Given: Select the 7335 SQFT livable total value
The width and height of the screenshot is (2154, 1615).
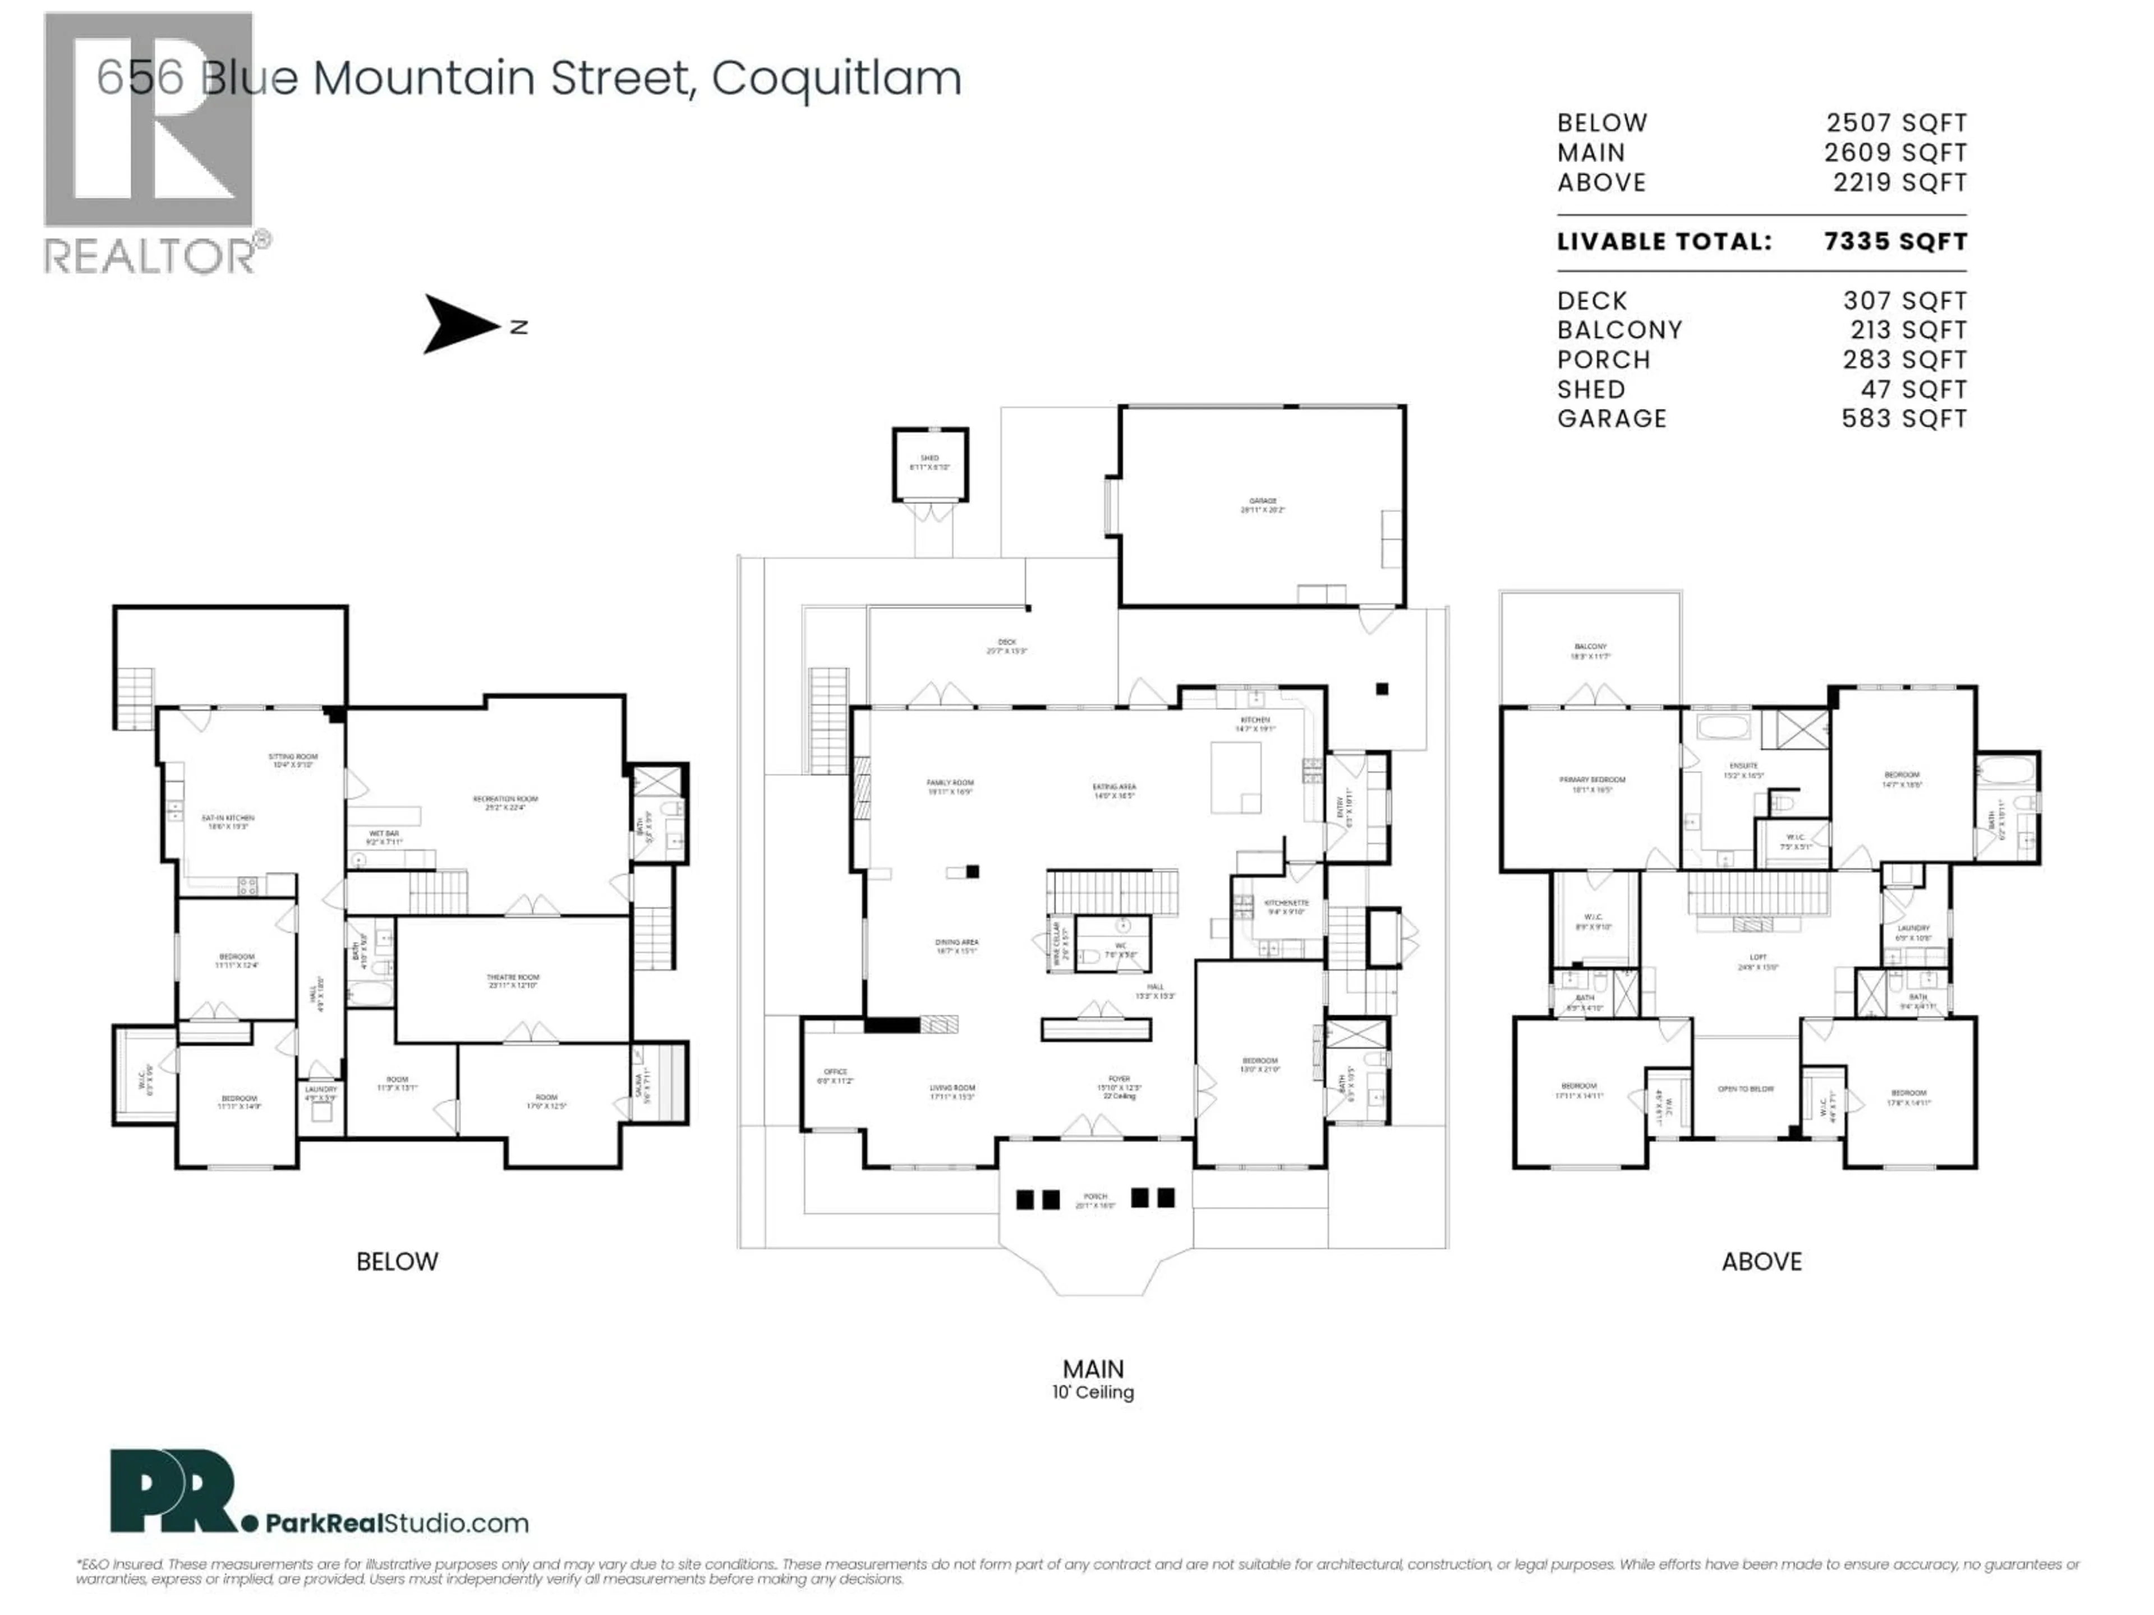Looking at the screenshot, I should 1895,242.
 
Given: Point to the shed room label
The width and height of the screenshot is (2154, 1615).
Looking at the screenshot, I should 930,463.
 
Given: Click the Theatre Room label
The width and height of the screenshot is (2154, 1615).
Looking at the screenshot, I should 513,980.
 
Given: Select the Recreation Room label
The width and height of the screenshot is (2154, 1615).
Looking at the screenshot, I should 505,802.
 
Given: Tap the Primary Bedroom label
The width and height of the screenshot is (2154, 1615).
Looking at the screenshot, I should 1591,783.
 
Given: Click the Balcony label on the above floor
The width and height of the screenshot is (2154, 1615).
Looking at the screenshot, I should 1590,650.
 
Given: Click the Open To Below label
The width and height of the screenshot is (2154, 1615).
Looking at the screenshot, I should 1746,1088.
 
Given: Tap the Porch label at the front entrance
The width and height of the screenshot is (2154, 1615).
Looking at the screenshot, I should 1094,1200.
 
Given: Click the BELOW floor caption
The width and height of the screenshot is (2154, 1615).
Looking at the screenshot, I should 397,1262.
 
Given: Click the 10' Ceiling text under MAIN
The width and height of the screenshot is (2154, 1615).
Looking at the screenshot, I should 1093,1392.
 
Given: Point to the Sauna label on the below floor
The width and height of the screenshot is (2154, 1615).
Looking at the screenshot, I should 640,1082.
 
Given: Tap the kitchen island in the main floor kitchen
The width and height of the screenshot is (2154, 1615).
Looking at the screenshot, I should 1235,777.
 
